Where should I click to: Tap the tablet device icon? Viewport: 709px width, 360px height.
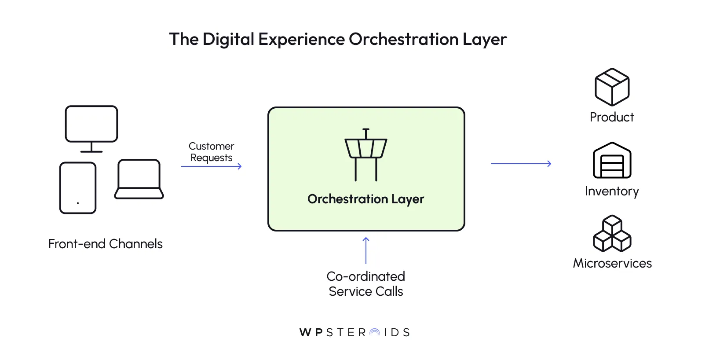tap(78, 188)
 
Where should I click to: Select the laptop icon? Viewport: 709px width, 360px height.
tap(139, 180)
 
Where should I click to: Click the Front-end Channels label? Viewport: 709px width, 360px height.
tap(106, 244)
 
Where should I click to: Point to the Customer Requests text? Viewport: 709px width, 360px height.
tap(211, 152)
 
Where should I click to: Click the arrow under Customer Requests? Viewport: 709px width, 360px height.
tap(211, 166)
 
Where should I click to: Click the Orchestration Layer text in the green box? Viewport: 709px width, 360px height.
tap(366, 199)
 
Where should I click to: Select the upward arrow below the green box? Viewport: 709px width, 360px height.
tap(366, 250)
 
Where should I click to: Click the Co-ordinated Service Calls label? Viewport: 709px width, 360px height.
tap(366, 284)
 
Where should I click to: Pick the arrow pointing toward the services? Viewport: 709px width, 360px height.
tap(521, 164)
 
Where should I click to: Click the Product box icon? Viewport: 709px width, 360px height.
tap(612, 87)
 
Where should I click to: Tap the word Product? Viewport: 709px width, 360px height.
tap(612, 117)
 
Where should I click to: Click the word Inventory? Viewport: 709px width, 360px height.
tap(612, 191)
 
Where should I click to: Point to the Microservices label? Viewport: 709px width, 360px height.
tap(612, 263)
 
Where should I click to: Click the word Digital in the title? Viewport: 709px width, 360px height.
tap(228, 40)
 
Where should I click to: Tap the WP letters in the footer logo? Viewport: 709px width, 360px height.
tap(311, 333)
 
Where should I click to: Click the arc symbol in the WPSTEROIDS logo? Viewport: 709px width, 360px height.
tap(375, 333)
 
